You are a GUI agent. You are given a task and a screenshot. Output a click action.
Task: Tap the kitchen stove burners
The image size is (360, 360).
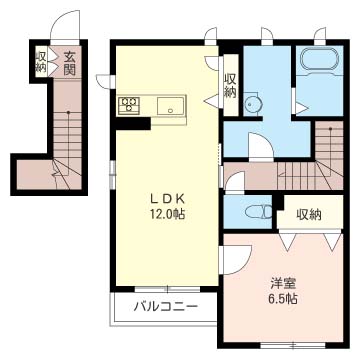point(130,104)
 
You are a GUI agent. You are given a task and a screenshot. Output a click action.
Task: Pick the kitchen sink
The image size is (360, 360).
point(167,104)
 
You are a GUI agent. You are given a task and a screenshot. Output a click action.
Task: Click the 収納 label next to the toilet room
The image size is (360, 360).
point(308,214)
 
